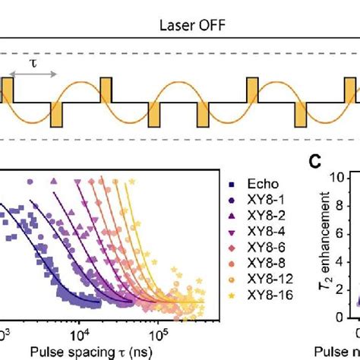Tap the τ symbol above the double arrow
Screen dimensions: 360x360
(32, 63)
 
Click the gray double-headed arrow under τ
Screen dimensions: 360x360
(34, 74)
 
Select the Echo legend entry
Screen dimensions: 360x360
(254, 183)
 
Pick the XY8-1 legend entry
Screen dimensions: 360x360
(258, 201)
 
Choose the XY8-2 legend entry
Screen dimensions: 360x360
(258, 216)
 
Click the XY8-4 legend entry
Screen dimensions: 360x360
(258, 233)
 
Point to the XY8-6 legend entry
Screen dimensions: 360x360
(258, 250)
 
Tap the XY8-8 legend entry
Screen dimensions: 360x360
(258, 267)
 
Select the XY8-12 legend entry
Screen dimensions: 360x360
(261, 283)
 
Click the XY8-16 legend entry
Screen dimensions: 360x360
(261, 300)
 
